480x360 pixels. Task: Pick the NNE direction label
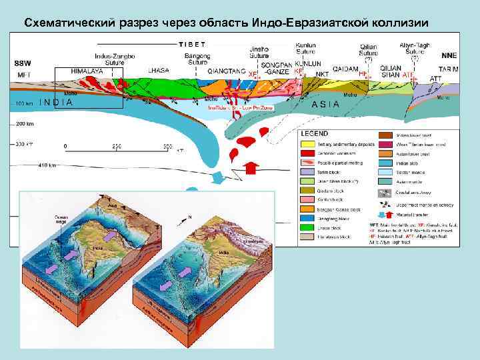click(449, 57)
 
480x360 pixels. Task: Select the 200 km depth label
click(26, 124)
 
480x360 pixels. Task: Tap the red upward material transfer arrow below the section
click(252, 167)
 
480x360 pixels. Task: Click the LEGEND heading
click(313, 134)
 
